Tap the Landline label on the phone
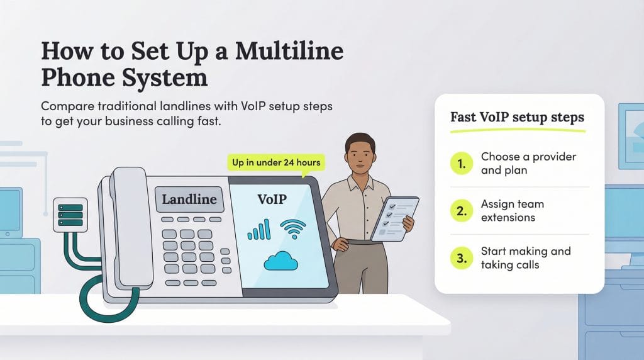189,200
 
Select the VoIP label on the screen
272,200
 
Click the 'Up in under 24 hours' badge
276,162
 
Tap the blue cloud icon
280,259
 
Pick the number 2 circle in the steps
462,211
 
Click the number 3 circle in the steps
462,258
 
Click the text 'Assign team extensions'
513,211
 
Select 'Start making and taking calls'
525,258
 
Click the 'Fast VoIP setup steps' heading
517,117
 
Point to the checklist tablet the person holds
394,218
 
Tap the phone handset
130,227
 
